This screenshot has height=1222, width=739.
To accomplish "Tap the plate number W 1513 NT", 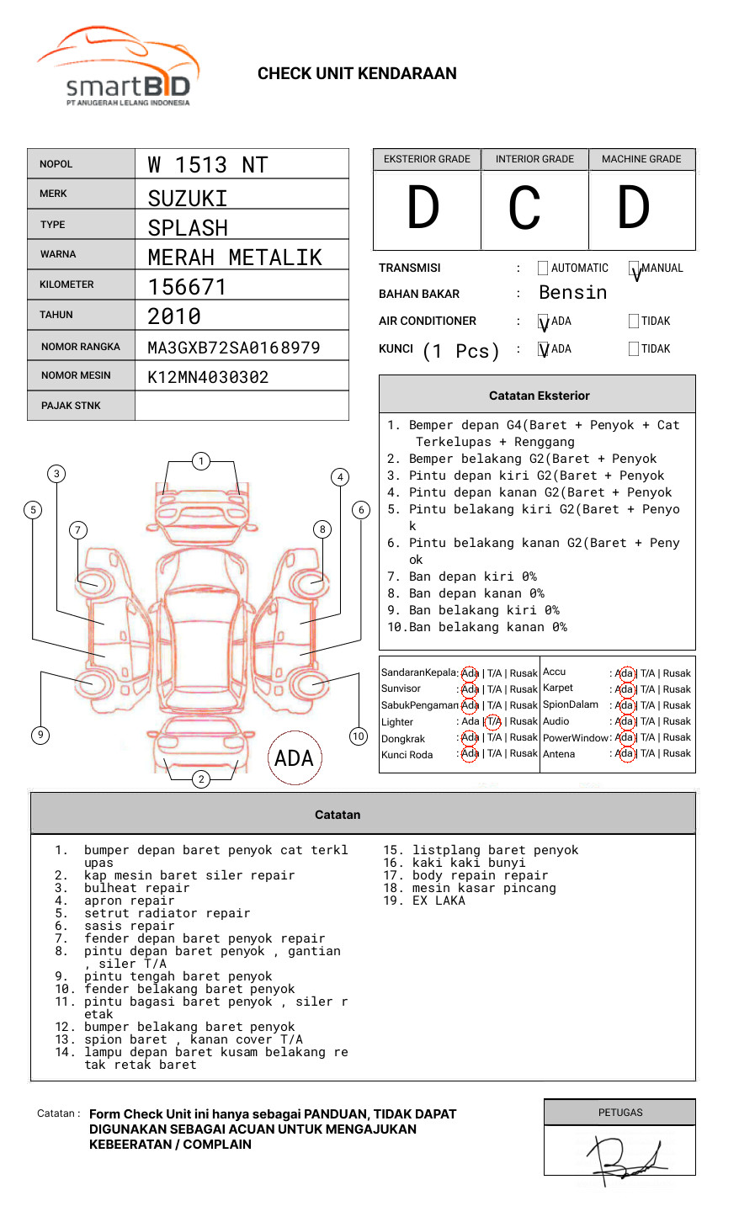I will tap(207, 165).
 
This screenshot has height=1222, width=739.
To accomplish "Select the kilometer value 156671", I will tap(187, 287).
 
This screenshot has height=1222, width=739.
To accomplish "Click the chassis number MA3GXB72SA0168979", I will tap(233, 348).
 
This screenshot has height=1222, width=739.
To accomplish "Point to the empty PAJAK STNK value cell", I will tap(242, 406).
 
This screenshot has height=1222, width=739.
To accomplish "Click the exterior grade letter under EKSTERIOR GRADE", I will tap(423, 209).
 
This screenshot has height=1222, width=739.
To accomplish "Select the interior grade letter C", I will tap(524, 209).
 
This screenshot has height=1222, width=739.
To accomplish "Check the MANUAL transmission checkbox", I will tap(635, 269).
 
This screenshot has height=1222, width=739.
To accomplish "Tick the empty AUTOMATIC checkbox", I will tap(543, 268).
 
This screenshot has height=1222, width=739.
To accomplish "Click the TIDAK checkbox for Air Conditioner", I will tap(634, 321).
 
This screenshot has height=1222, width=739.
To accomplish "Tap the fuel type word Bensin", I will tap(572, 293).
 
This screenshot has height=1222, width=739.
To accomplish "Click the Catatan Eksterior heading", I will tap(539, 396).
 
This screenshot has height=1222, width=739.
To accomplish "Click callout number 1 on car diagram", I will tap(200, 461).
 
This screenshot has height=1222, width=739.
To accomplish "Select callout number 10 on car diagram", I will tap(359, 736).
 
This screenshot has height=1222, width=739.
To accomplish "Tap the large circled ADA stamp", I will tap(294, 758).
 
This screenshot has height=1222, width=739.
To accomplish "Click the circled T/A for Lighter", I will tap(493, 722).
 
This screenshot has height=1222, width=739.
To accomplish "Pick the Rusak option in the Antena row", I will tap(677, 754).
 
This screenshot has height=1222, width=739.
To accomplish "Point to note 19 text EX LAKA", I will tap(439, 901).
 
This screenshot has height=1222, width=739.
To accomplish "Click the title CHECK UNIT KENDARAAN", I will tap(357, 74).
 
